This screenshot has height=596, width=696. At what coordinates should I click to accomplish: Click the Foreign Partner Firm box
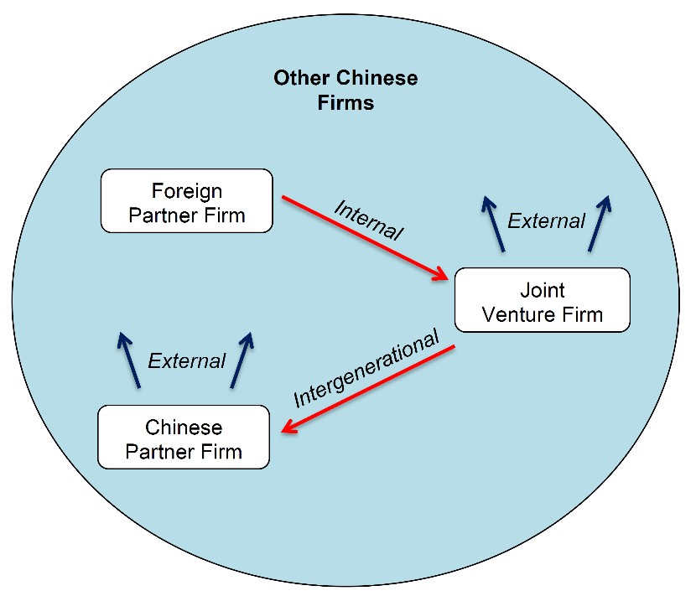click(x=187, y=200)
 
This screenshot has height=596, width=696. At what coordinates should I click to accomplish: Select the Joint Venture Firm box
click(x=543, y=300)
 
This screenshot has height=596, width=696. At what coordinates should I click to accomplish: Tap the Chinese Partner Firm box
click(x=184, y=437)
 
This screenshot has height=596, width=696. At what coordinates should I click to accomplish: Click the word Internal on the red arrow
click(x=368, y=220)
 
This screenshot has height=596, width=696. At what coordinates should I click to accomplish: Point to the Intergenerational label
click(x=366, y=368)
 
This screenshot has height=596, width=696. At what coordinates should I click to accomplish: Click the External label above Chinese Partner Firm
click(x=187, y=360)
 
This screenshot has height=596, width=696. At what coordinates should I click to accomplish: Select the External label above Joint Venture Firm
click(x=547, y=221)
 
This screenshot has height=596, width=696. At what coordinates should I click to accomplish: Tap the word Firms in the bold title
click(x=345, y=103)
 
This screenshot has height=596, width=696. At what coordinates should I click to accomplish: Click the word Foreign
click(x=187, y=191)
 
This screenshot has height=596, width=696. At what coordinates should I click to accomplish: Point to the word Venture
click(x=519, y=314)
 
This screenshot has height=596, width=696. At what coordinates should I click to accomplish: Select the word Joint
click(x=543, y=290)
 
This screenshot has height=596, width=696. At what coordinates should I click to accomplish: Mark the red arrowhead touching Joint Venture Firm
click(x=441, y=274)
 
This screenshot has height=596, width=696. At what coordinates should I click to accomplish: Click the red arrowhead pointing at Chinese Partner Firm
click(x=289, y=427)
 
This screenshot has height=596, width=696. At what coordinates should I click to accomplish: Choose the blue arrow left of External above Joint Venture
click(x=494, y=224)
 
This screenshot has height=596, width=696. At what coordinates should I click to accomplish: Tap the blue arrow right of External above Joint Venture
click(x=600, y=224)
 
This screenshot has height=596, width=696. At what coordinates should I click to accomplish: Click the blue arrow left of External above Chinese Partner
click(x=129, y=360)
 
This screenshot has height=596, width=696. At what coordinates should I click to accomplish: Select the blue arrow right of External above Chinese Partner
click(x=242, y=360)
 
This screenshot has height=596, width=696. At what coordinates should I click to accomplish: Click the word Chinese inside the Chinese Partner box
click(x=184, y=428)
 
